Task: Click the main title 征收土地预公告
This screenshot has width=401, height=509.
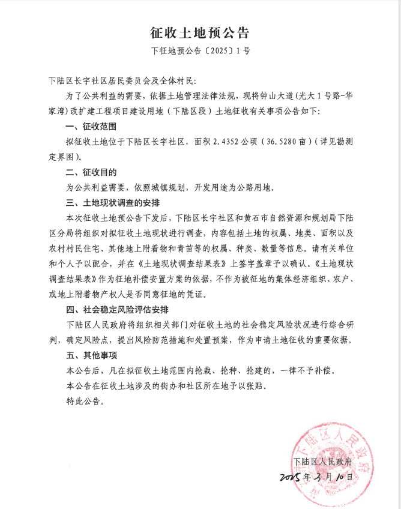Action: click(x=200, y=32)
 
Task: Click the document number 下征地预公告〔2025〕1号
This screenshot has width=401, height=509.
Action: click(x=200, y=51)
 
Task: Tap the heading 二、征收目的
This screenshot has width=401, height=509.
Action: click(x=91, y=172)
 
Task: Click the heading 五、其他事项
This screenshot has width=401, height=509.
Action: click(x=91, y=355)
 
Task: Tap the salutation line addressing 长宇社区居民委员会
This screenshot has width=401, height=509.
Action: click(x=126, y=80)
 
